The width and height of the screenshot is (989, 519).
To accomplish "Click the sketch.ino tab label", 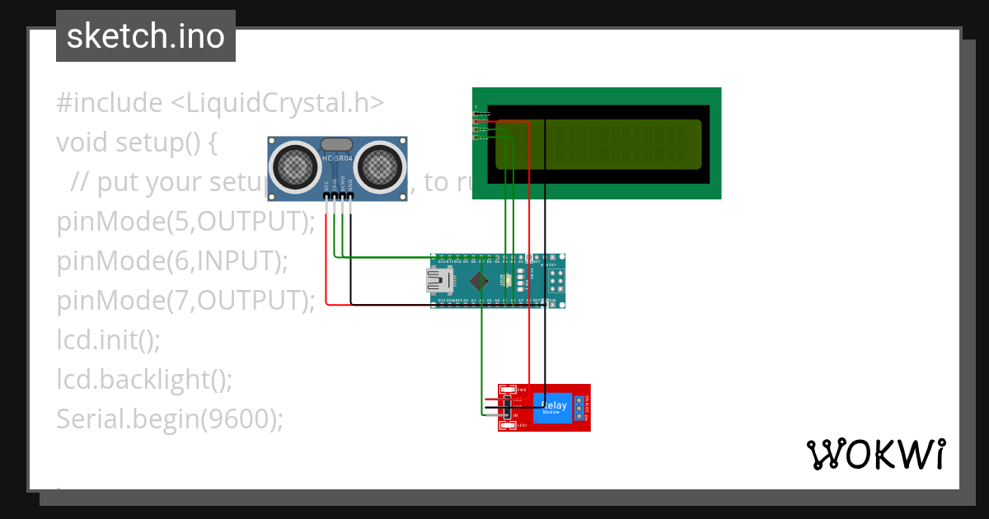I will tap(145, 36).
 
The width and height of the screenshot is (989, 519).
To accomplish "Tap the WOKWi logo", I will tap(876, 454).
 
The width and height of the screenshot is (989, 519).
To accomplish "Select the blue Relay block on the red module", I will tap(554, 407).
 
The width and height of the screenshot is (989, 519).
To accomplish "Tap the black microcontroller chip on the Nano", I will tap(477, 282).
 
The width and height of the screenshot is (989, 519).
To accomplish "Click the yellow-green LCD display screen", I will tap(610, 143).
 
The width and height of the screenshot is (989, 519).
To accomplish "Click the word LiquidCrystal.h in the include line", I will tap(277, 103).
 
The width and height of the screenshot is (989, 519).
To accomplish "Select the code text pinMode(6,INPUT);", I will tap(172, 261).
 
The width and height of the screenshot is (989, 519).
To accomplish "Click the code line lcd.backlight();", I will tap(144, 380).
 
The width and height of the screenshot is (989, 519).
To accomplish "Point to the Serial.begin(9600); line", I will tap(170, 419).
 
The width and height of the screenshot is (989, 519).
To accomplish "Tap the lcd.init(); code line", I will tap(108, 340).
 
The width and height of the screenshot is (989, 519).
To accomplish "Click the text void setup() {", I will tap(136, 143).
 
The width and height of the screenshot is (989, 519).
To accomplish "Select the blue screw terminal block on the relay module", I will tap(580, 407).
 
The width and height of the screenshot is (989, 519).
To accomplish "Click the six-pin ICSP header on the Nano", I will tap(556, 282).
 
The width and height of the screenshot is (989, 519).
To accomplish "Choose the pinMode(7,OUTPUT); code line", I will tap(186, 301).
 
